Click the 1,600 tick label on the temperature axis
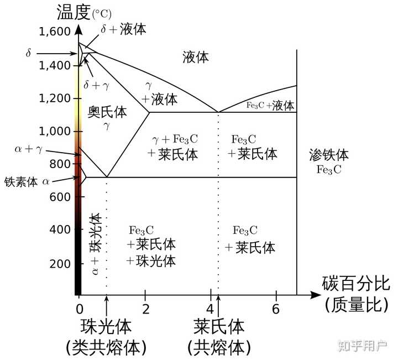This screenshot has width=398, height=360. coord(55,32)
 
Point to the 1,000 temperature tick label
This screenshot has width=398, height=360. coord(55,131)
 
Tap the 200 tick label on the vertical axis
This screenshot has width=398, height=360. coord(60,263)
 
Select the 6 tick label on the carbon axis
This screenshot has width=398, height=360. coord(276,309)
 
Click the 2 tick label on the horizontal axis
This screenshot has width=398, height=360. coord(145,309)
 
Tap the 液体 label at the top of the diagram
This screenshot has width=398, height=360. coord(196,56)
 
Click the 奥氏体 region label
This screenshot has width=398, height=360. coord(107,112)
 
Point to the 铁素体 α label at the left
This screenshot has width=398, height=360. coord(27,181)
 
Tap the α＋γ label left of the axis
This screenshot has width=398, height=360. coord(28,149)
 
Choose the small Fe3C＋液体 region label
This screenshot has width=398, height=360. coord(270,105)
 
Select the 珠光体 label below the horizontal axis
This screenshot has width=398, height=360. coord(106,326)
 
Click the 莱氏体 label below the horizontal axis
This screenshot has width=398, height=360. coord(219,326)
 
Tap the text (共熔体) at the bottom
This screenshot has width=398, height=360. coord(219,347)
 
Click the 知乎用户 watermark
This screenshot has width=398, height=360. coord(362,345)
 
